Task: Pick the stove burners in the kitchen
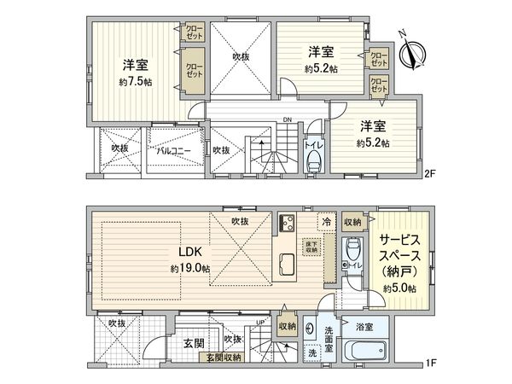284,226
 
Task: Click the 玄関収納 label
223,358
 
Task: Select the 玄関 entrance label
193,342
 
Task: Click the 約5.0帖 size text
399,289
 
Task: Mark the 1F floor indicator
430,364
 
